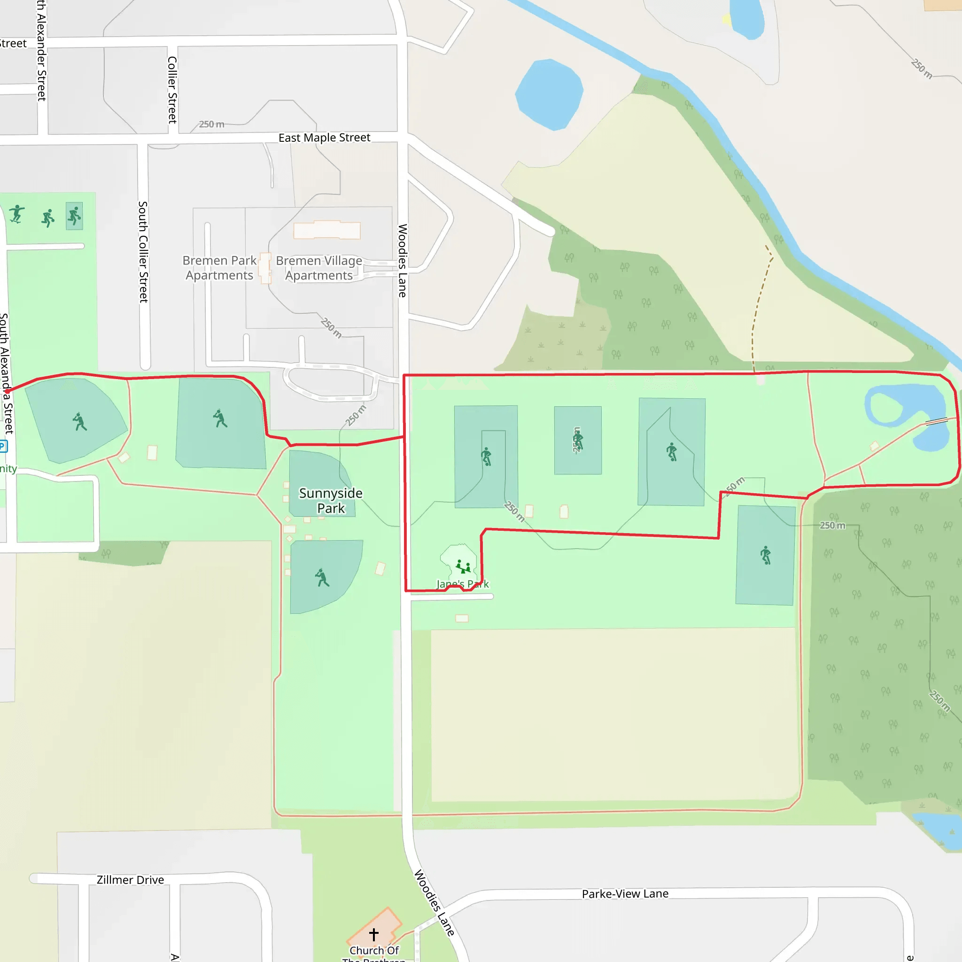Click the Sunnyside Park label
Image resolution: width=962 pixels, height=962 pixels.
[x=331, y=500]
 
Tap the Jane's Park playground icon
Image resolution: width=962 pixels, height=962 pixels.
[x=463, y=566]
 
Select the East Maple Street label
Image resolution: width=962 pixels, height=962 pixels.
[x=324, y=138]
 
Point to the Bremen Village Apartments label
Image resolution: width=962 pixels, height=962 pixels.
[x=319, y=268]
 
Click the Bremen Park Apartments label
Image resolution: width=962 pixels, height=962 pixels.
[x=219, y=268]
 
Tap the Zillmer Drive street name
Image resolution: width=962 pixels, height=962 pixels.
[x=130, y=880]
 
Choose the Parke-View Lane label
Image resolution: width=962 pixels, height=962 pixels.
[x=625, y=894]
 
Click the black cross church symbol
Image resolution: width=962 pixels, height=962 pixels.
[x=374, y=934]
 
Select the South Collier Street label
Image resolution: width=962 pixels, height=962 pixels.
[x=143, y=252]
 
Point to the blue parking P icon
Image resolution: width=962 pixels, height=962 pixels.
[x=3, y=446]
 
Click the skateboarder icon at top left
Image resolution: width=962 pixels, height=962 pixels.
[x=17, y=214]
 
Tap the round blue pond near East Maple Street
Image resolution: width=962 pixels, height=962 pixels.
[x=549, y=94]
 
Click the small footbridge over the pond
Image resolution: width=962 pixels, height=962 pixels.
[x=936, y=421]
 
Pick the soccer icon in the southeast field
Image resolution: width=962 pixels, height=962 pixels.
[x=765, y=555]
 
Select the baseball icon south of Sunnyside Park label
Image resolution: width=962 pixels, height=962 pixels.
[x=322, y=578]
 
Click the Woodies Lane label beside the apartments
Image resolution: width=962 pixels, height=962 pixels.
[x=403, y=260]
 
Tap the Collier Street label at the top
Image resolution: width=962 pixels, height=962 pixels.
[x=172, y=90]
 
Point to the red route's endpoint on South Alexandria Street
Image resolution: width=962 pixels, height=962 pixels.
[x=7, y=391]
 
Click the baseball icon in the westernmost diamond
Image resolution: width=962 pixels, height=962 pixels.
[x=79, y=422]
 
